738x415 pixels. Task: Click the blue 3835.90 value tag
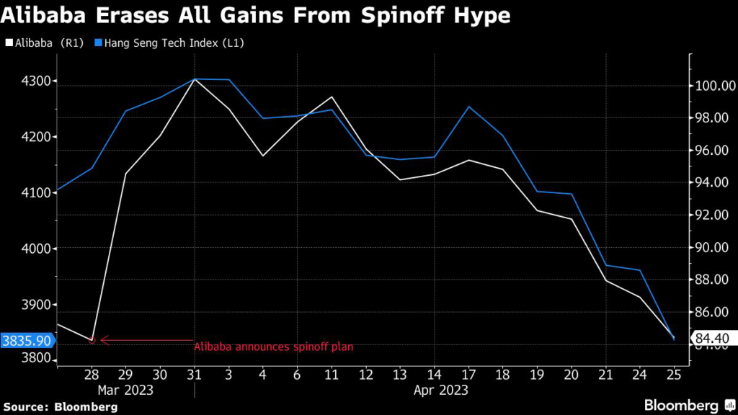(26, 340)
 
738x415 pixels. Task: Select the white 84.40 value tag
(711, 338)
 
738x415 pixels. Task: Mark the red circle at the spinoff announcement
(92, 340)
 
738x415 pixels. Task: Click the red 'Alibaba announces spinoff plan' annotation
(274, 347)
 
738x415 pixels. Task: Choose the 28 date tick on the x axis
(92, 374)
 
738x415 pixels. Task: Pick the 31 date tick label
(195, 374)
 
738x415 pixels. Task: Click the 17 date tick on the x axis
(468, 374)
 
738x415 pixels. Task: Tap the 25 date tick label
(672, 374)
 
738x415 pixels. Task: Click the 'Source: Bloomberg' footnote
(61, 407)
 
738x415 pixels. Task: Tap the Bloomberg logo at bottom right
(682, 406)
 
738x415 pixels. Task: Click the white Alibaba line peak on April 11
(332, 97)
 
